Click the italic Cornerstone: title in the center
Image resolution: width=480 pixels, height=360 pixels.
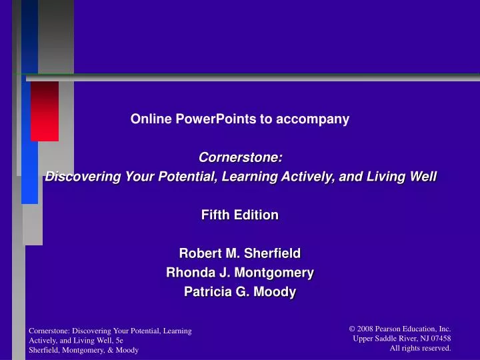[x=240, y=158]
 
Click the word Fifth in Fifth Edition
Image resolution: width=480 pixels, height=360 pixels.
[x=215, y=215]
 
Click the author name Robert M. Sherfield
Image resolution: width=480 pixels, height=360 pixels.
[x=240, y=253]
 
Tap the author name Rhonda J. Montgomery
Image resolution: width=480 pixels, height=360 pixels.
[x=240, y=273]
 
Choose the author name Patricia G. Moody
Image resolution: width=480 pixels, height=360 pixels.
[x=240, y=292]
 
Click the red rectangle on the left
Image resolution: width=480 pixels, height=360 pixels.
[x=45, y=111]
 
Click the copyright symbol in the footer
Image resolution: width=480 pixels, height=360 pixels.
[x=352, y=329]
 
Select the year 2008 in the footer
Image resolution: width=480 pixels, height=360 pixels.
[x=365, y=329]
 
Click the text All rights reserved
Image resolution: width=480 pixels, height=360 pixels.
[x=420, y=348]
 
